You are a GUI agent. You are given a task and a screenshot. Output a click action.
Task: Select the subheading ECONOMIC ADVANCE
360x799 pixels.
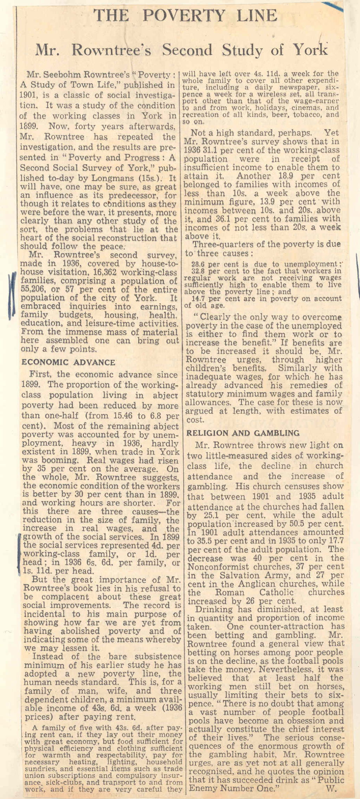[x=68, y=362]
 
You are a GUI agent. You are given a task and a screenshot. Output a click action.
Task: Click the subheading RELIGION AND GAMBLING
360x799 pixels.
[x=243, y=433]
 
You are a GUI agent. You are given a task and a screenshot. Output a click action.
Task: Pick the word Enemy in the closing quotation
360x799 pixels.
[x=207, y=788]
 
